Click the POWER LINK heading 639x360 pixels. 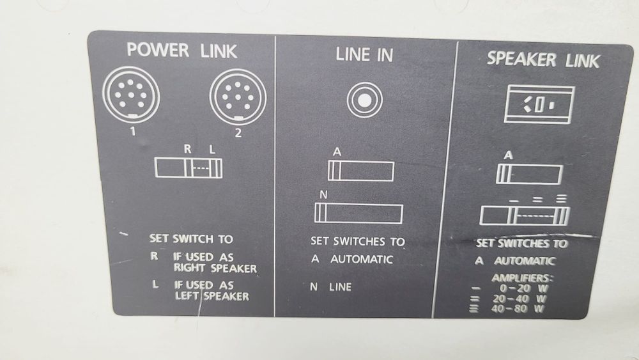tap(182, 51)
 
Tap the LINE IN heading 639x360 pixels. tap(364, 55)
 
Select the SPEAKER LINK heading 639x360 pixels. tap(543, 59)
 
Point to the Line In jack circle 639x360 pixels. tap(365, 100)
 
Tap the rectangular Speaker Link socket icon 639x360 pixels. tap(539, 104)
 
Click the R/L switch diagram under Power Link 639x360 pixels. tap(189, 168)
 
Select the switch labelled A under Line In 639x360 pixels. tap(361, 171)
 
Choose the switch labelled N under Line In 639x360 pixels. tap(358, 212)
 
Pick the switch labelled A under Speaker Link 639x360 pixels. tap(529, 174)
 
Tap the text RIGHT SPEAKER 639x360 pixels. tap(214, 269)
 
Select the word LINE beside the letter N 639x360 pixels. tap(340, 287)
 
